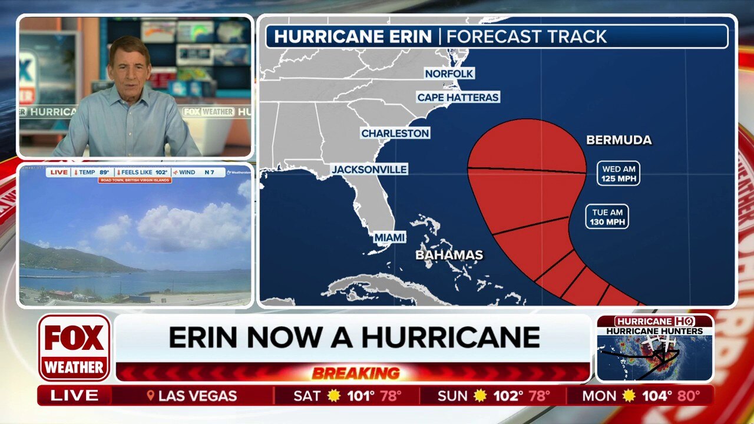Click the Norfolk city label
coord(449,74)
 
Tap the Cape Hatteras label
coord(458,97)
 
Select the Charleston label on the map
coord(395,134)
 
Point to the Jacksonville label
coord(369,170)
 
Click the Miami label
coord(389,237)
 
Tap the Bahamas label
coord(449,255)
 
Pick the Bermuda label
coord(619,140)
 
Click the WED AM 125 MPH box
coord(618,174)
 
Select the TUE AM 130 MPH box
coord(607,217)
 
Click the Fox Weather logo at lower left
coord(74,347)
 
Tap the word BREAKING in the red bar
coord(356,373)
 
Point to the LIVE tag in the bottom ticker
coord(74,396)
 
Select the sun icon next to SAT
coord(334,396)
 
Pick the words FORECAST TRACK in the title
coord(526,37)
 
